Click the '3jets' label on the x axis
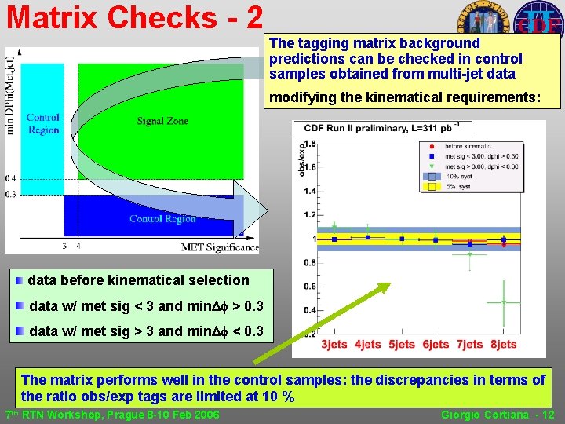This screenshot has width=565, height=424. click(335, 344)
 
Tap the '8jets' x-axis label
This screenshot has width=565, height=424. click(504, 344)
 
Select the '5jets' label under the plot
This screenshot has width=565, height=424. click(402, 344)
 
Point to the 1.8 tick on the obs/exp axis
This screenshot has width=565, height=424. click(311, 144)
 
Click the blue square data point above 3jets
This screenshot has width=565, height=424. click(334, 239)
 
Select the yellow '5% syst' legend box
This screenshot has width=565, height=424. click(431, 188)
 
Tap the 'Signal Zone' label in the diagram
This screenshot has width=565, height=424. click(162, 121)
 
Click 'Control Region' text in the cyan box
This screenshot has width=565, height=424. click(42, 124)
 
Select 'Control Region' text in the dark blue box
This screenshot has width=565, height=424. click(162, 219)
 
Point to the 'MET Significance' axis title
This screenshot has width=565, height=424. click(220, 247)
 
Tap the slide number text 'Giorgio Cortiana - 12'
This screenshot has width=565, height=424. click(498, 415)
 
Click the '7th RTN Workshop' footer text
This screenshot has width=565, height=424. click(112, 415)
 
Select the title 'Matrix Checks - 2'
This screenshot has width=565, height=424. click(133, 17)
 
